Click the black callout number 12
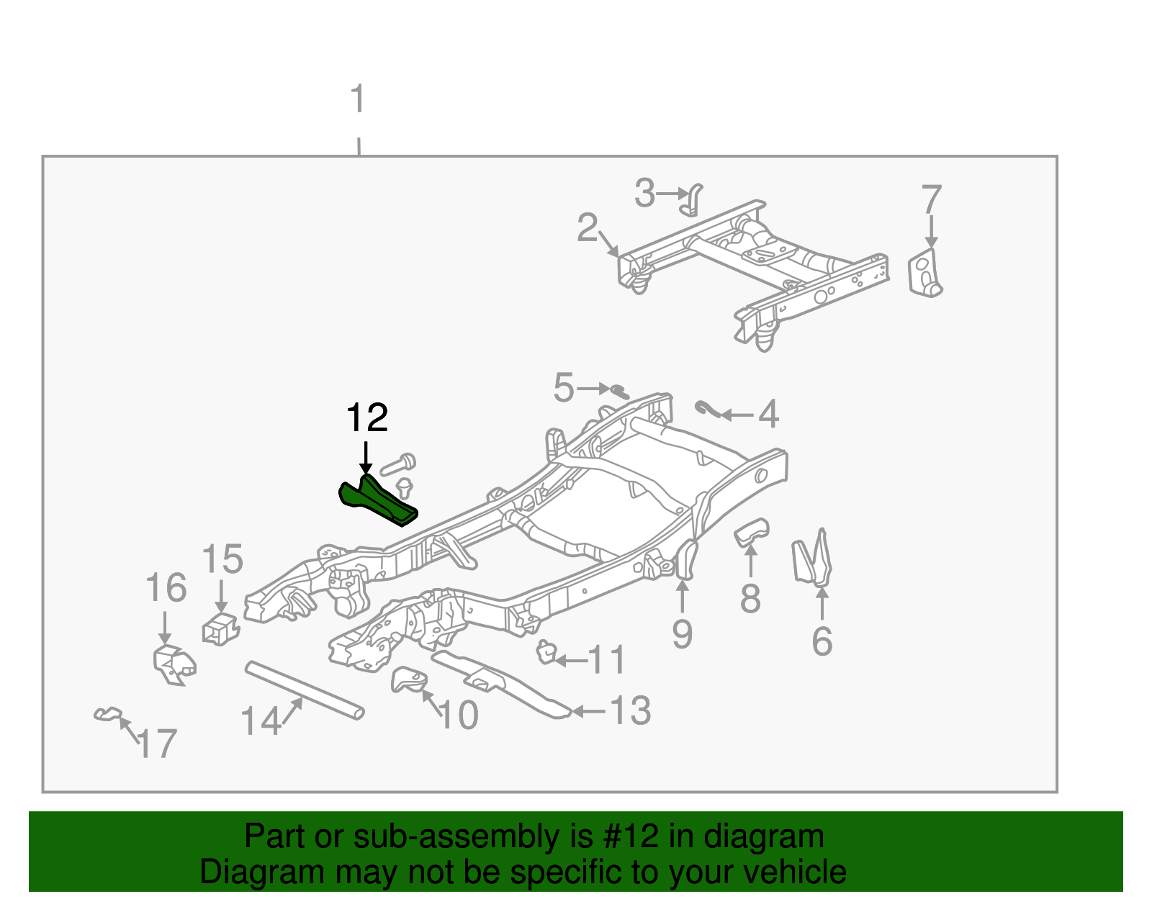pyautogui.click(x=367, y=418)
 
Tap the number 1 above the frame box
pyautogui.click(x=358, y=100)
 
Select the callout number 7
pyautogui.click(x=931, y=199)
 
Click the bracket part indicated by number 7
pyautogui.click(x=925, y=274)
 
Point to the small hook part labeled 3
pyautogui.click(x=692, y=200)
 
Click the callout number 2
pyautogui.click(x=588, y=228)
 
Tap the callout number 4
pyautogui.click(x=769, y=415)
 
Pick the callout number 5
pyautogui.click(x=564, y=388)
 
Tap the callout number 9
pyautogui.click(x=682, y=634)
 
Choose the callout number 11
pyautogui.click(x=607, y=659)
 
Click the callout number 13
pyautogui.click(x=630, y=711)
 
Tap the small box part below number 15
pyautogui.click(x=220, y=630)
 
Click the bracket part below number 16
pyautogui.click(x=174, y=664)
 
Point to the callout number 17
pyautogui.click(x=157, y=744)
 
